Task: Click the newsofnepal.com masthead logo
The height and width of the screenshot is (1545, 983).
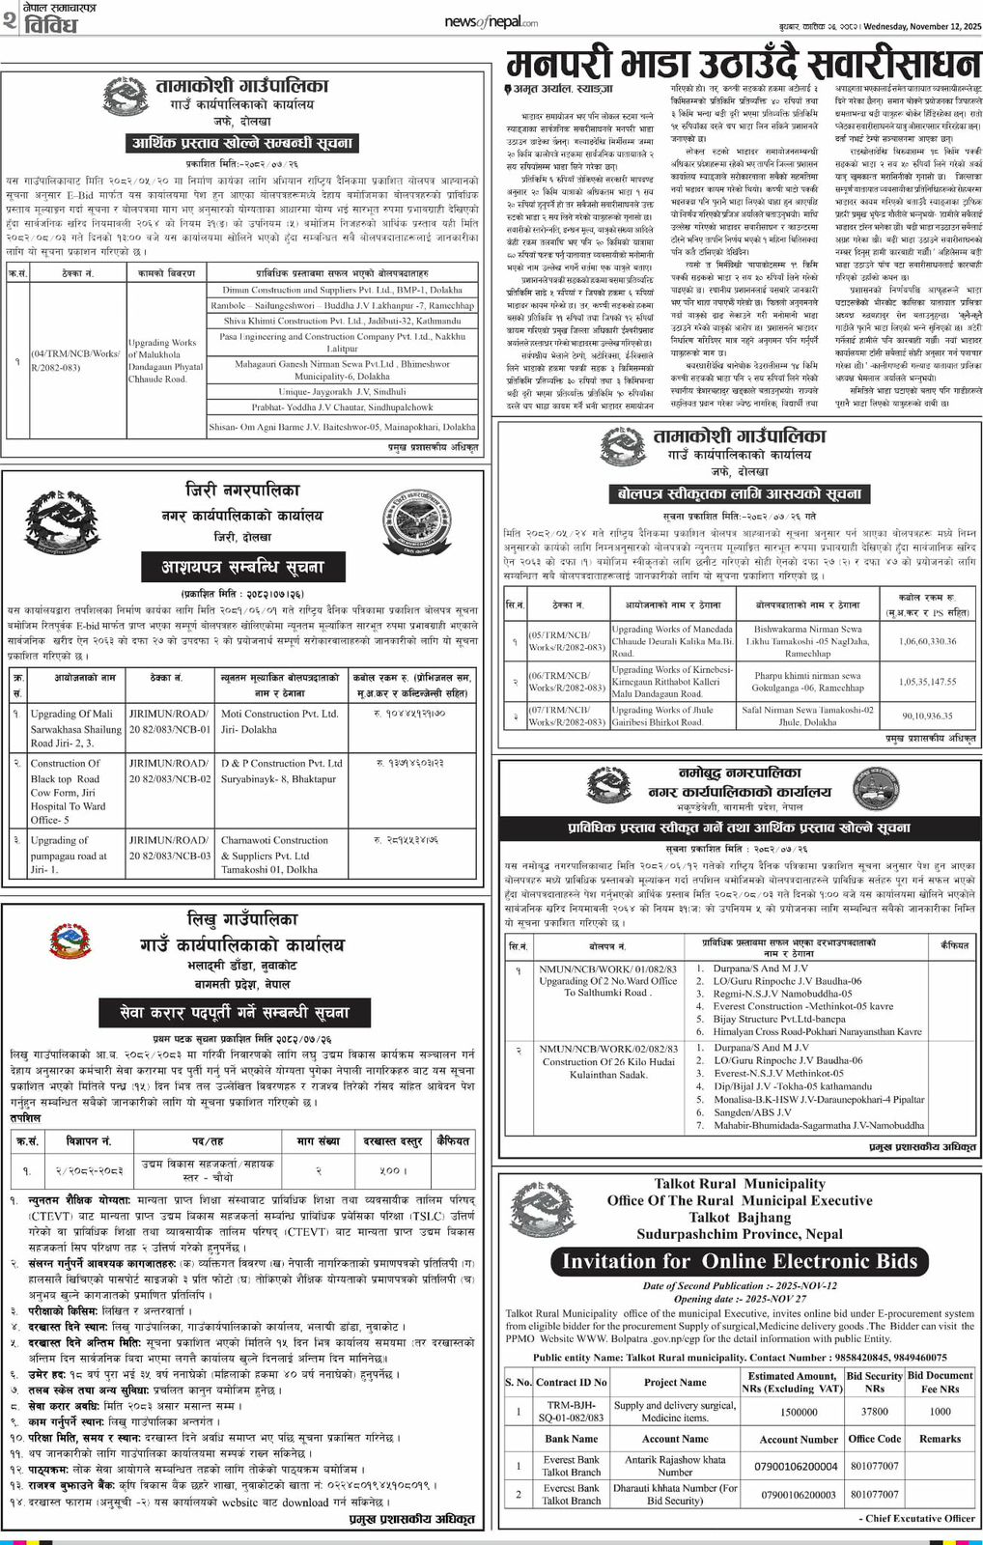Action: (491, 22)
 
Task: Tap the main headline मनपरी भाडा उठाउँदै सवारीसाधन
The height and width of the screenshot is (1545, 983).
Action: (743, 64)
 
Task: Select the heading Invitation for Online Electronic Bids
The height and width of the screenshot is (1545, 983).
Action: (740, 1261)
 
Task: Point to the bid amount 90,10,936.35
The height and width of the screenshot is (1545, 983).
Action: (927, 716)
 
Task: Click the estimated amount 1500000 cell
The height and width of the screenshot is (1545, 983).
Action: (799, 1412)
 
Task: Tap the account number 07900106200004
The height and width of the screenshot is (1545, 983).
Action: (798, 1466)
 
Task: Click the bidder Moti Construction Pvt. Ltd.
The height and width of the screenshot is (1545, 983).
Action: (279, 714)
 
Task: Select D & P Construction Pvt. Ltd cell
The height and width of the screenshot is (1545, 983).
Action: (281, 763)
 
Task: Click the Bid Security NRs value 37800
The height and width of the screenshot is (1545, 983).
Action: (874, 1412)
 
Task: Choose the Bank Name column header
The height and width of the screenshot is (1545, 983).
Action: (571, 1439)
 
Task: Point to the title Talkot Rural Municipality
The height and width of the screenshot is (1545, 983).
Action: (740, 1184)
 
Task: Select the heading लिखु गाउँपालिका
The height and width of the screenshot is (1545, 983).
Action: (242, 918)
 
